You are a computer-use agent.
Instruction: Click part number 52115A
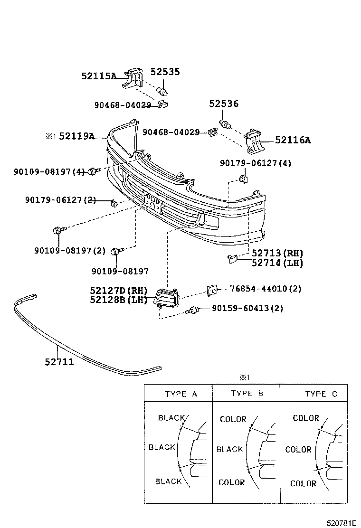(x=98, y=75)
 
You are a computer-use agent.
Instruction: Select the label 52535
(x=165, y=72)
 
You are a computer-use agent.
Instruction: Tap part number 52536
(x=224, y=104)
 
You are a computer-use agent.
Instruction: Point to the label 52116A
(x=293, y=140)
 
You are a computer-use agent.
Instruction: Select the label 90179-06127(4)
(x=256, y=163)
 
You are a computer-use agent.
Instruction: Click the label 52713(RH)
(x=277, y=253)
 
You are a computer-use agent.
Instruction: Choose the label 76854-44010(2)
(x=266, y=288)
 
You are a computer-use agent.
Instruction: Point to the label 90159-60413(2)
(x=247, y=308)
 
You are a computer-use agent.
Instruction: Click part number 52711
(x=59, y=362)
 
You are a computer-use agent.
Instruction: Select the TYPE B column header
(x=247, y=393)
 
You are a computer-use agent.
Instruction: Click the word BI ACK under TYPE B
(x=229, y=449)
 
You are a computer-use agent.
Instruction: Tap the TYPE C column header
(x=321, y=394)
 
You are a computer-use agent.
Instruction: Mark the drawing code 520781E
(x=341, y=523)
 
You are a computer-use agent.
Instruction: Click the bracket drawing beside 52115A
(x=133, y=78)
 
